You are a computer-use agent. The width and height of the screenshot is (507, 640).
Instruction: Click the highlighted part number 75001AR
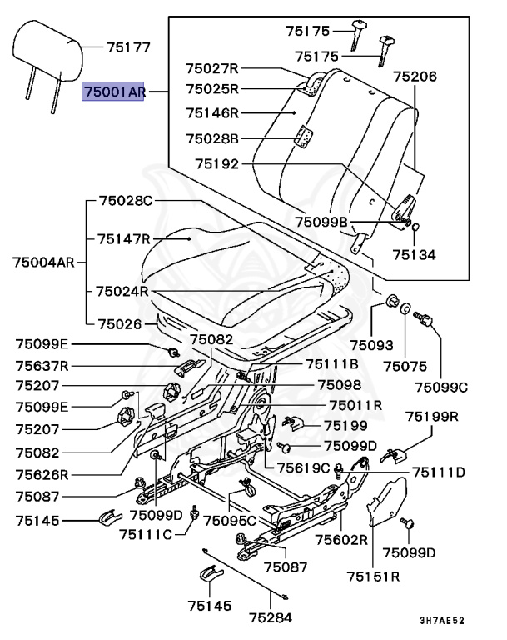113,92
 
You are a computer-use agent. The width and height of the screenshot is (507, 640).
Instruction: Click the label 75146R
211,112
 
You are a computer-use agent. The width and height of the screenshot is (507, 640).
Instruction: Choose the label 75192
216,164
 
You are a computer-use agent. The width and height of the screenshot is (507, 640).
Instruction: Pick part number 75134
414,254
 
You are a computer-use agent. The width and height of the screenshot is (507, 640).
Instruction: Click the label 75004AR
43,262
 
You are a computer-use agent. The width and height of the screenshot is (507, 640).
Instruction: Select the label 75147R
123,239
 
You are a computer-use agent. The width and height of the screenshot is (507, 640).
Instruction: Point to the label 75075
405,365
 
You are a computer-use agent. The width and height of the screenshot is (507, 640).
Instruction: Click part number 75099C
441,386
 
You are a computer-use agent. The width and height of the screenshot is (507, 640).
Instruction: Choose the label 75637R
42,364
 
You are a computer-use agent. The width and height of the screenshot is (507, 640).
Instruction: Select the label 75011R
355,406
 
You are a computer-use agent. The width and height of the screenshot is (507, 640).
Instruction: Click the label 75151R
374,576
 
